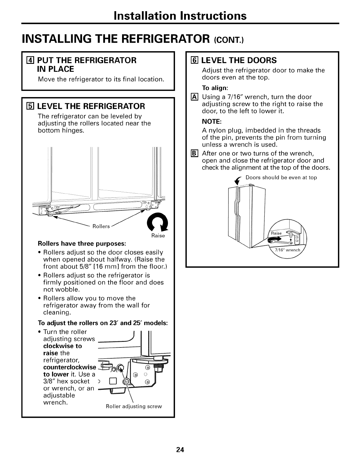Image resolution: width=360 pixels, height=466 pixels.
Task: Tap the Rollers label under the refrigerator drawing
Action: coord(101,226)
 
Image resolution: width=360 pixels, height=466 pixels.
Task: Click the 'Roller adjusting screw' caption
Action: coord(134,406)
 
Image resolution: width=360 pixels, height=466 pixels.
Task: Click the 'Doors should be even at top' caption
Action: coord(281,178)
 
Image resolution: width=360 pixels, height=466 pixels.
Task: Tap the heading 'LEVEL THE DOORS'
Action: coord(239,61)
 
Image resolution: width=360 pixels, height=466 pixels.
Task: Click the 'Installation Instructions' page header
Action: coord(180,16)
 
